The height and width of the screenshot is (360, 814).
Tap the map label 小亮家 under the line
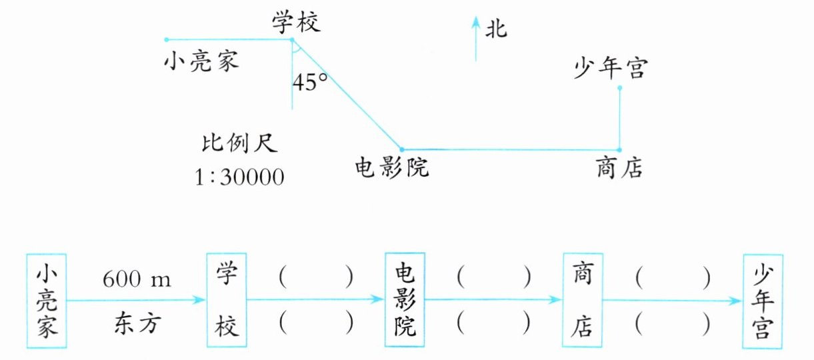(201, 63)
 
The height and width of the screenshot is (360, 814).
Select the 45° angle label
(310, 83)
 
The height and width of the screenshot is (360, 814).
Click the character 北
(496, 29)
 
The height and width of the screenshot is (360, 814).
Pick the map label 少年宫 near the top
(609, 68)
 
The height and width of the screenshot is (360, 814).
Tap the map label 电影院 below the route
(392, 168)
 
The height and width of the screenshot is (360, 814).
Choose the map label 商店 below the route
(619, 168)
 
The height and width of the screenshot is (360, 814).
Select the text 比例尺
(238, 145)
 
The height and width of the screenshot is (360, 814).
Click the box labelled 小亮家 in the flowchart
(47, 301)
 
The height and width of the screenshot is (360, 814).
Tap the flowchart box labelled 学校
(227, 301)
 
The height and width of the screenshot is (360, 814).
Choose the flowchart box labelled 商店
(583, 301)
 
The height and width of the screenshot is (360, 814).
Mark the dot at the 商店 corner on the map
(619, 150)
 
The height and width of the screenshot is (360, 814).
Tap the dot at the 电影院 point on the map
(402, 150)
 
